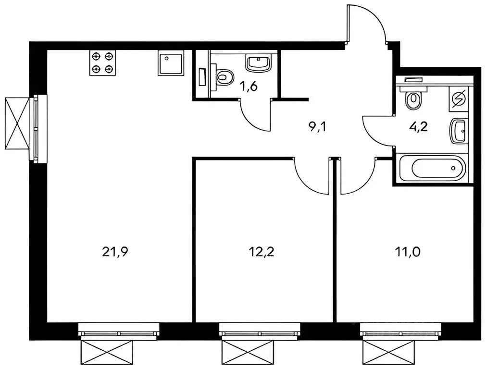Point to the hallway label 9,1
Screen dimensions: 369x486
pyautogui.click(x=318, y=127)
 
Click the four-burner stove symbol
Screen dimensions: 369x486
pyautogui.click(x=103, y=63)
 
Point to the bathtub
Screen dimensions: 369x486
pyautogui.click(x=431, y=169)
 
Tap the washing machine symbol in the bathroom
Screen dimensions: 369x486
pyautogui.click(x=460, y=99)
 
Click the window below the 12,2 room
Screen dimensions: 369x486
pyautogui.click(x=260, y=331)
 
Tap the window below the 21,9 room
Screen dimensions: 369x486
pyautogui.click(x=119, y=331)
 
